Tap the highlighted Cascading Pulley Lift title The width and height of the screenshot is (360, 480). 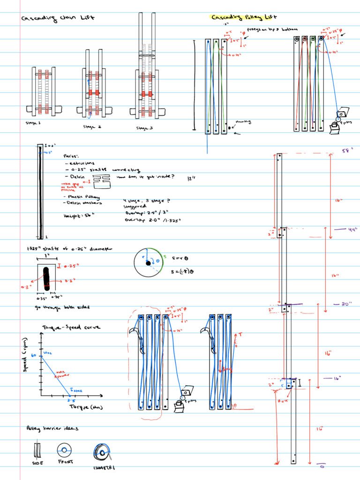pos(241,18)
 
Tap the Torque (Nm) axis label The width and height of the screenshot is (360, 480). pos(86,407)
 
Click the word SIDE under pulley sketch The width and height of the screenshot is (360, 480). pos(38,463)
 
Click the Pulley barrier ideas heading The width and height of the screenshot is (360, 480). pos(52,428)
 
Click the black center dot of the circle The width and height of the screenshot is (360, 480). pos(148,263)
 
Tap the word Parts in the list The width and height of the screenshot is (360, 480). pos(71,155)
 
